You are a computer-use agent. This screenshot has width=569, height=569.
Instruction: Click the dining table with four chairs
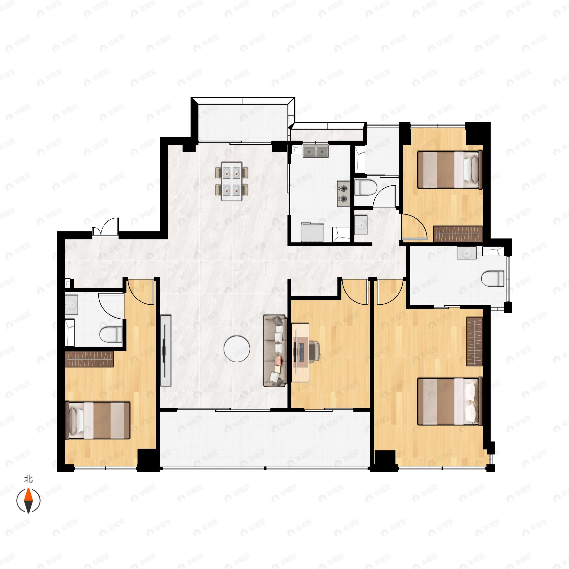tap(232, 181)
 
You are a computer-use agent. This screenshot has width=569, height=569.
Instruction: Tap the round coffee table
tap(237, 349)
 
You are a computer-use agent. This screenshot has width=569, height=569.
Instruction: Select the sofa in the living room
tap(275, 350)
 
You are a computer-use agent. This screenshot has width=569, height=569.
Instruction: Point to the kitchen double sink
tap(315, 151)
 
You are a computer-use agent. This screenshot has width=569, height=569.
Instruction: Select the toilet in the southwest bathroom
tap(111, 334)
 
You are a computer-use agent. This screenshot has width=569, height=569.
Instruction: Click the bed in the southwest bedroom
tap(97, 421)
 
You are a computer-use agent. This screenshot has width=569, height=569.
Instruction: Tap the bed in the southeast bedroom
tap(450, 401)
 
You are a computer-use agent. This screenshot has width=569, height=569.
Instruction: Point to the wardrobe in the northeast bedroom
tap(458, 234)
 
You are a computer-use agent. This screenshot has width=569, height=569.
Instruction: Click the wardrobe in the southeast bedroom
tap(474, 342)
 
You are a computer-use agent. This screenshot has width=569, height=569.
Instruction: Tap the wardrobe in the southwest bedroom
tap(89, 359)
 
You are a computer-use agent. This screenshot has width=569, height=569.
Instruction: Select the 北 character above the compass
tap(28, 479)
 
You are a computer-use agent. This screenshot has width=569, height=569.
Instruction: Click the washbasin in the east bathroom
tap(467, 253)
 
